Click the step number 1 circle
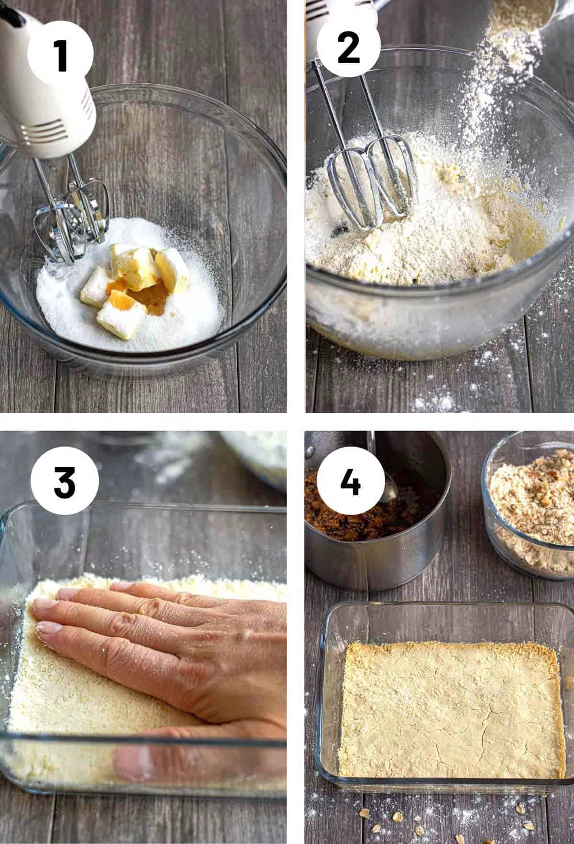pos(60,55)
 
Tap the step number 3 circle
pos(65,482)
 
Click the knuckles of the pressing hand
pos(143,617)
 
